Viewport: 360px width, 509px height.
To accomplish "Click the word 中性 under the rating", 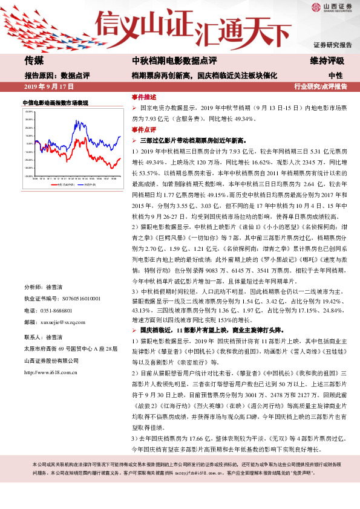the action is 335,76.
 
